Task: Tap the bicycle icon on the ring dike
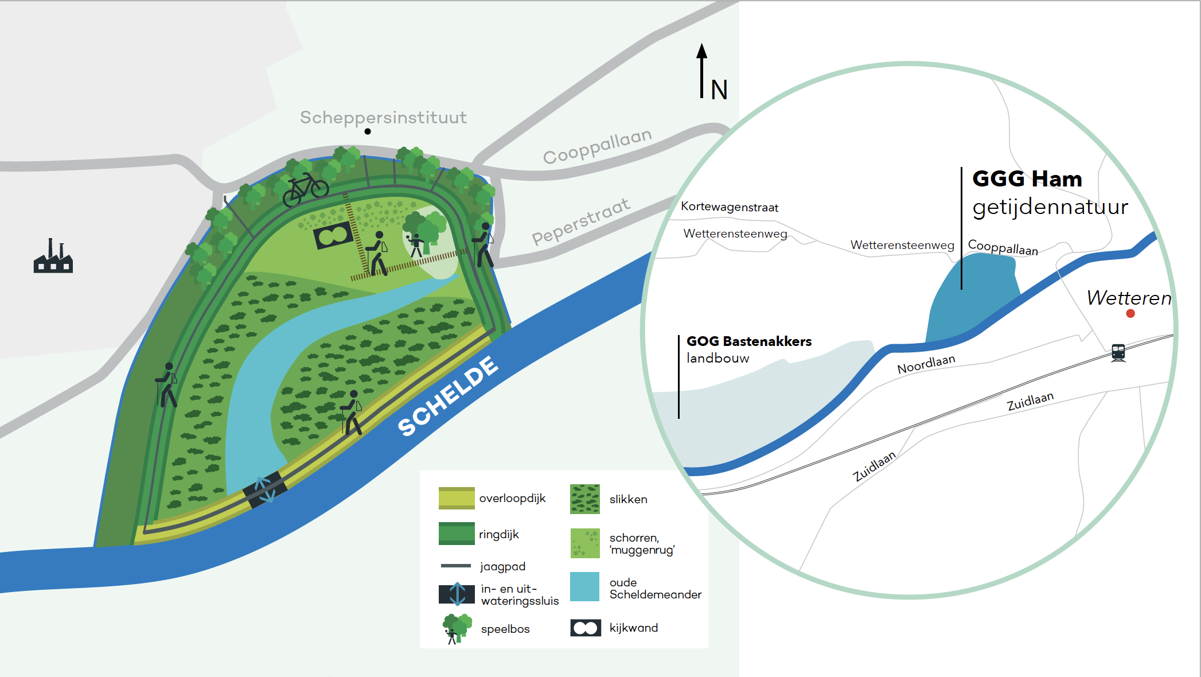tap(306, 189)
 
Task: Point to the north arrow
tap(701, 71)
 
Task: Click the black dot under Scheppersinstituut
tap(368, 131)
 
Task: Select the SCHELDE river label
tap(448, 396)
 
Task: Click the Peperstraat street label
tap(581, 221)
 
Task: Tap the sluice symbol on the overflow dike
tap(264, 490)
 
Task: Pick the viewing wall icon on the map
tap(333, 235)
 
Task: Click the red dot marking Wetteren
tap(1130, 313)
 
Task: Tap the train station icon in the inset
tap(1118, 352)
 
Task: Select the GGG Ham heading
tap(1027, 178)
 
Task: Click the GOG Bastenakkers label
tap(749, 341)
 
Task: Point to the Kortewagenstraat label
tap(730, 207)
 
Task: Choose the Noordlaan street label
tap(926, 364)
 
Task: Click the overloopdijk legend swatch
tap(457, 498)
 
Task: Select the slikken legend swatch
tap(585, 499)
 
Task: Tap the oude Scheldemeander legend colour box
tap(585, 586)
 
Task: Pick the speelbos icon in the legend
tap(457, 629)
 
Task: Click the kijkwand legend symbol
tap(586, 628)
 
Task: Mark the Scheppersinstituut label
tap(383, 118)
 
